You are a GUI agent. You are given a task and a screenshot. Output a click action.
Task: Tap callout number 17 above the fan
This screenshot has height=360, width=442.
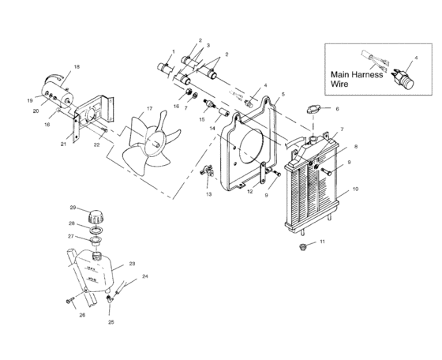[x=148, y=107]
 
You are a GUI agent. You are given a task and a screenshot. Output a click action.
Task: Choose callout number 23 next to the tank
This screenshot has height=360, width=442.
[x=132, y=264]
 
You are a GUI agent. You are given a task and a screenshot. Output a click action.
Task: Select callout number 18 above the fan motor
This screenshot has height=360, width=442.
[x=77, y=66]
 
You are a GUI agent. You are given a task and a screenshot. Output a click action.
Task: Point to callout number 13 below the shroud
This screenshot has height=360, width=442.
[x=209, y=193]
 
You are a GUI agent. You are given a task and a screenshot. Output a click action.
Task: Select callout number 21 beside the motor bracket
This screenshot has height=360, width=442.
[x=63, y=144]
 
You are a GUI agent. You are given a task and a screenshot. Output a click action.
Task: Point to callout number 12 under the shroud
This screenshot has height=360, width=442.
[x=249, y=191]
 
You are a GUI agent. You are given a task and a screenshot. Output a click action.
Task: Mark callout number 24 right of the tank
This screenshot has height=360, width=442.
[x=144, y=277]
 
